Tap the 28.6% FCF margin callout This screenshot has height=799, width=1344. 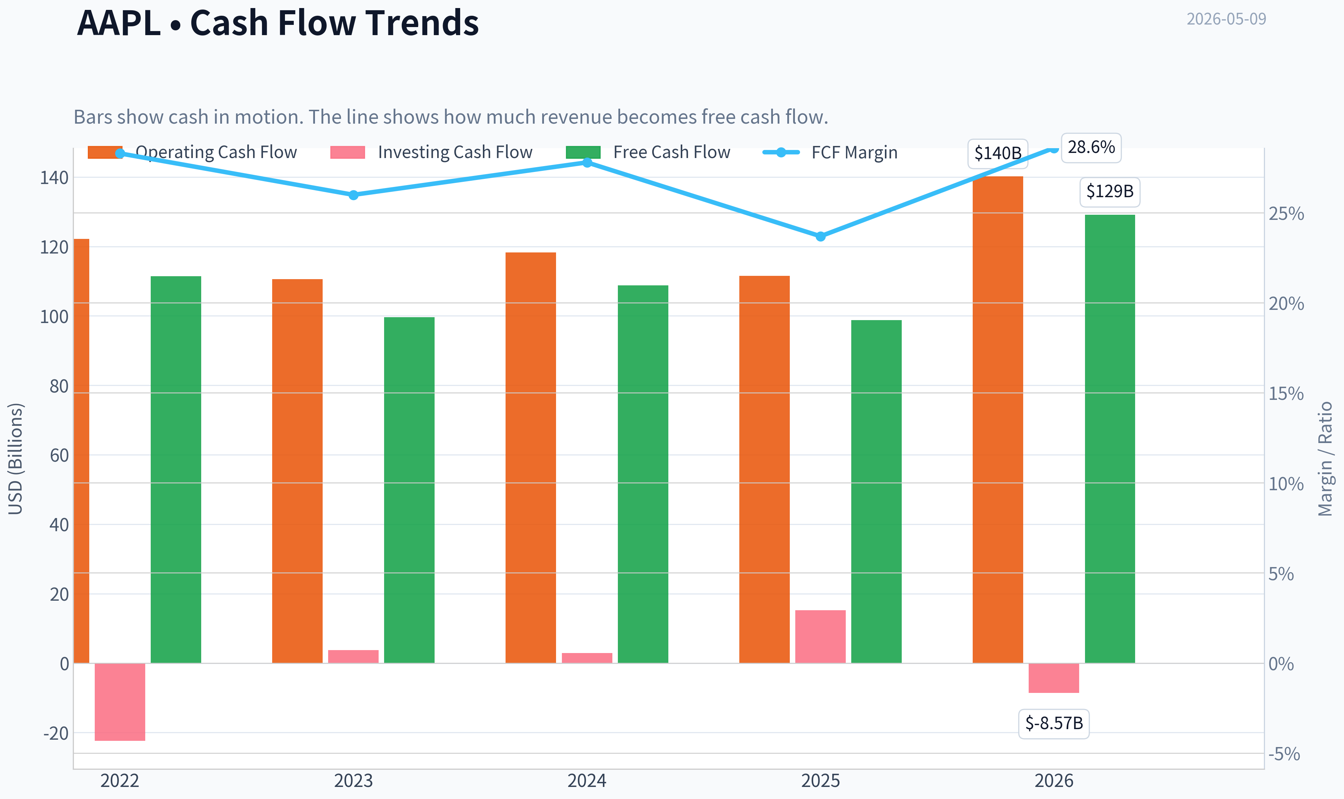pos(1091,147)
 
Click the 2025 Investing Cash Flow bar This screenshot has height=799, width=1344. pos(820,637)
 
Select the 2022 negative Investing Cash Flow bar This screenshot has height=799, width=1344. pos(120,702)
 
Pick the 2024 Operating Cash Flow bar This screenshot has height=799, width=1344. pos(531,458)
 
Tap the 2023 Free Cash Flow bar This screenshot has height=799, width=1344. pos(409,490)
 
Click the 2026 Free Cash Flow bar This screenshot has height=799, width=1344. pos(1110,439)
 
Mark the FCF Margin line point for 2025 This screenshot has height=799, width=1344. pos(820,236)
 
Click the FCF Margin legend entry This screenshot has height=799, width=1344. pos(830,152)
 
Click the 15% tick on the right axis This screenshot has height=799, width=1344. pos(1286,394)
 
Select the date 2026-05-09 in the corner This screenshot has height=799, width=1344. pos(1226,19)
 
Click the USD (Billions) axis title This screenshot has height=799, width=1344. pos(16,459)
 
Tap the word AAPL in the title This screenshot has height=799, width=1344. pos(119,23)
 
